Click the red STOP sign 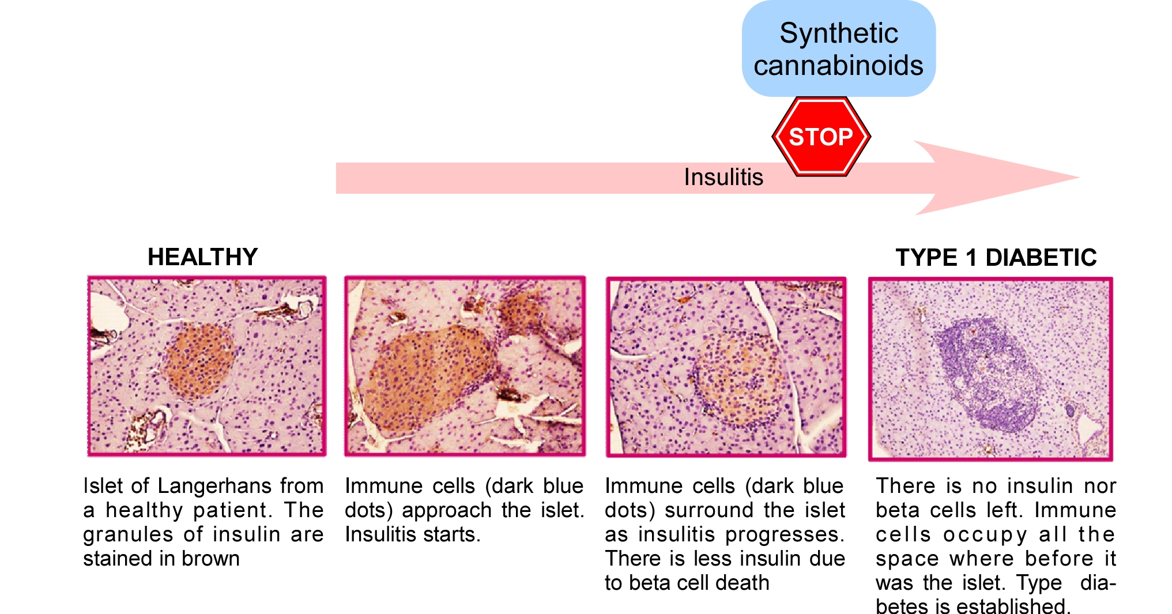[821, 136]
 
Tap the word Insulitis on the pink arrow [723, 177]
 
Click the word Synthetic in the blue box [839, 33]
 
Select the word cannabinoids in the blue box [839, 65]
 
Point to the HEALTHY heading [202, 257]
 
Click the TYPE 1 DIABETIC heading [996, 258]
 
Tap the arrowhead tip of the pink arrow [1079, 178]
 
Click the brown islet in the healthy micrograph [200, 360]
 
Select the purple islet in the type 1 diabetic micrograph [987, 375]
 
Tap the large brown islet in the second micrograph [429, 378]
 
